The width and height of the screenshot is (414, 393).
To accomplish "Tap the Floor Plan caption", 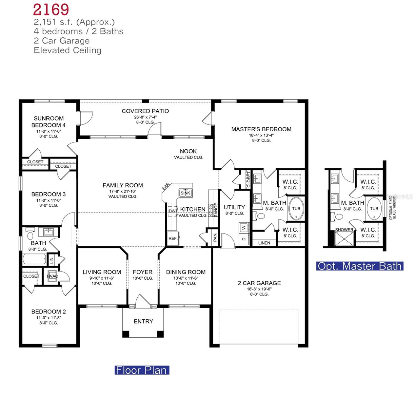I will click(x=142, y=370).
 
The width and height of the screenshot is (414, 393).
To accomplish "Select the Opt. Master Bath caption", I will click(x=360, y=266).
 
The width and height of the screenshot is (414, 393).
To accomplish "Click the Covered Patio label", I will click(x=145, y=111).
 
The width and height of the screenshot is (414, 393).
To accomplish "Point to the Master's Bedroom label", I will click(x=261, y=129).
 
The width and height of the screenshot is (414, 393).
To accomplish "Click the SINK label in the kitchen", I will click(x=185, y=193).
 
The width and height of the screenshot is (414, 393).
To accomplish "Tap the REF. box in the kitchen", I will click(x=173, y=238).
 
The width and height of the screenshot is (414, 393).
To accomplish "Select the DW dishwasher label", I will click(x=172, y=211).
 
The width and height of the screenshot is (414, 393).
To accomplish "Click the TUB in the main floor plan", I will click(x=296, y=208).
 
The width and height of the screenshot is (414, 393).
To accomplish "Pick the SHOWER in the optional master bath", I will click(x=344, y=230).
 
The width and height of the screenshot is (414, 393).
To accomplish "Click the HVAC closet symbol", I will click(x=52, y=276).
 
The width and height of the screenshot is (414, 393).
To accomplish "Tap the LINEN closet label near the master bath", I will click(x=264, y=243).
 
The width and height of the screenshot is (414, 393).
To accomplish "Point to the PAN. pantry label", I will click(x=215, y=237).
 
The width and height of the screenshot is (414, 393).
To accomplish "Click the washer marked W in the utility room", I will click(x=244, y=227).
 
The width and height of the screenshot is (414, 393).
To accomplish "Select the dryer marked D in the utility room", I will click(x=244, y=239).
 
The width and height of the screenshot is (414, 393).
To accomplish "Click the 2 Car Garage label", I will click(x=259, y=283).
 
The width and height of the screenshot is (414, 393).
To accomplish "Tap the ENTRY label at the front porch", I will click(x=143, y=321).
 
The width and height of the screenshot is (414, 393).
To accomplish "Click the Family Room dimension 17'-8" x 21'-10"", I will click(x=123, y=191).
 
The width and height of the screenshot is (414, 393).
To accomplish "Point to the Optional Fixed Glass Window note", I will click(x=392, y=207).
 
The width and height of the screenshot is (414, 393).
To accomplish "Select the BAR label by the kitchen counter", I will click(x=166, y=187).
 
